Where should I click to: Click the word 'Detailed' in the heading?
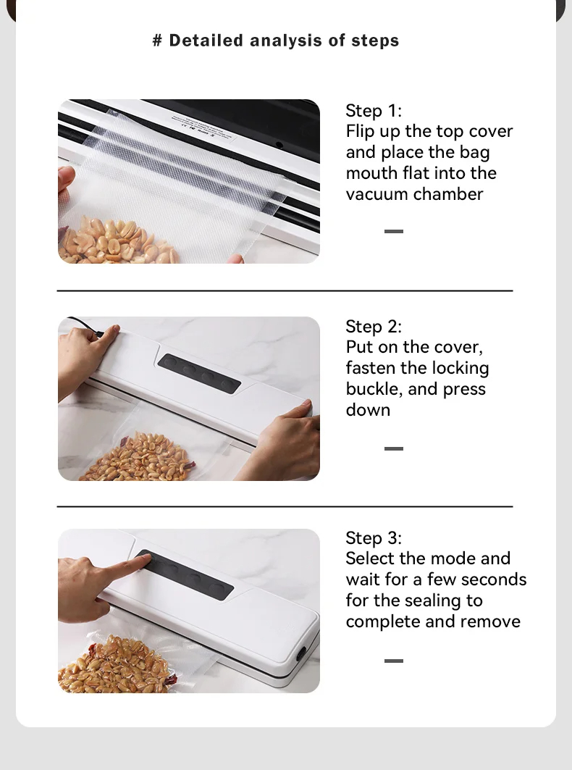point(206,41)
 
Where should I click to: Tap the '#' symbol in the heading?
point(157,41)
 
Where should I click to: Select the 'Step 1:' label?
point(374,111)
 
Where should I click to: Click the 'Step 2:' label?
point(374,327)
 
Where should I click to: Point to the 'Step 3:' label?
point(374,537)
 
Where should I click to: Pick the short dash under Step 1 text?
point(394,231)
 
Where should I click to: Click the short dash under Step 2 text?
point(394,449)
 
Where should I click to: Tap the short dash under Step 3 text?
point(394,661)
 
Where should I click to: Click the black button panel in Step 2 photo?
point(199,374)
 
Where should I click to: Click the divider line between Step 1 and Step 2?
point(285,290)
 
